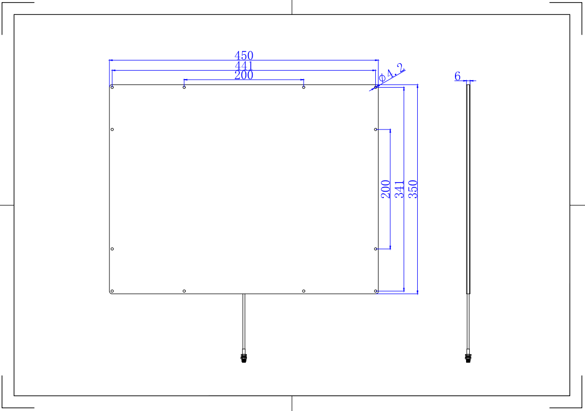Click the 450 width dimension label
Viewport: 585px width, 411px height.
pos(244,55)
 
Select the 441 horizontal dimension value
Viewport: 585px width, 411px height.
pos(244,66)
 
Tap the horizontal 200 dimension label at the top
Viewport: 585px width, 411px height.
pos(244,75)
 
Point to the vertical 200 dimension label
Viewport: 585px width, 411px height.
pos(385,189)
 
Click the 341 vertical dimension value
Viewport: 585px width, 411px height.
pos(399,189)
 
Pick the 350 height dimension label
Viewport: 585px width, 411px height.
pos(412,189)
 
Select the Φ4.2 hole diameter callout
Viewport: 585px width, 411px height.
pos(391,72)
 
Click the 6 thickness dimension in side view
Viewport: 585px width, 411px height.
pos(458,76)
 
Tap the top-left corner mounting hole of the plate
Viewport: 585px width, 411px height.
pos(113,88)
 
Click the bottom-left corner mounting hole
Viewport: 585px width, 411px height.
pos(113,291)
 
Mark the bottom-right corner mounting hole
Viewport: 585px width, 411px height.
pos(376,291)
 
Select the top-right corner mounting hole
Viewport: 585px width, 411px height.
pos(376,88)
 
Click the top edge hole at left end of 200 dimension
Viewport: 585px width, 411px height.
pos(184,88)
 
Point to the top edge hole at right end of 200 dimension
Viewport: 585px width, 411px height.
pos(304,88)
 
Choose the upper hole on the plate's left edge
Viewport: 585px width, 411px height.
pos(113,130)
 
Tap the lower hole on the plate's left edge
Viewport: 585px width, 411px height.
pos(113,249)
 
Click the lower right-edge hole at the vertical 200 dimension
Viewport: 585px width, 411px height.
pos(376,249)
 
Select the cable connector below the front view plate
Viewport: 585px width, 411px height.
pos(244,356)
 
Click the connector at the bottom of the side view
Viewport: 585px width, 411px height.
pos(468,356)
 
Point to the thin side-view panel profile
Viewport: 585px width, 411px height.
pos(468,189)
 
